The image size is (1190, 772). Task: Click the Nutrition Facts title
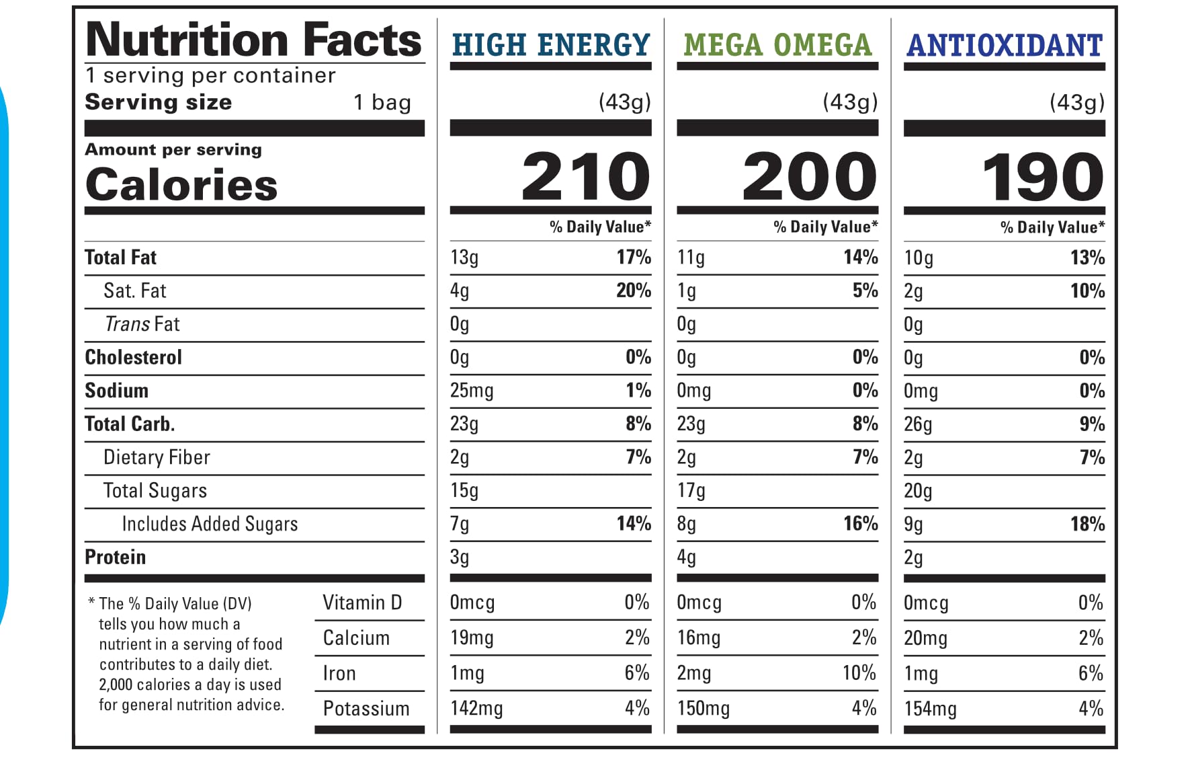(254, 40)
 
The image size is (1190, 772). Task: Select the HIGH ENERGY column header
(551, 45)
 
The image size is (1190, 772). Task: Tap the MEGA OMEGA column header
(777, 45)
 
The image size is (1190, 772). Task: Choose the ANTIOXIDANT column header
(1005, 46)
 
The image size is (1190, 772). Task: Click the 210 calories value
(586, 176)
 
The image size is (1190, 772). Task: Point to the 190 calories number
(1043, 177)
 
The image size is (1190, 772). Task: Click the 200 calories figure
(810, 176)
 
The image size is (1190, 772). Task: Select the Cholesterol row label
(133, 357)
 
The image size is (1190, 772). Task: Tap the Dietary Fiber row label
(157, 457)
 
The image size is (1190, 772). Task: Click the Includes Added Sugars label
(210, 524)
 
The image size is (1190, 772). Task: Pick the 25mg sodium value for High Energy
(472, 391)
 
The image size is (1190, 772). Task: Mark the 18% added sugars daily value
(1087, 524)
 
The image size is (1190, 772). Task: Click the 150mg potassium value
(704, 709)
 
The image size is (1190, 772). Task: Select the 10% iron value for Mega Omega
(859, 673)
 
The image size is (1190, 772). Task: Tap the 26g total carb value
(918, 424)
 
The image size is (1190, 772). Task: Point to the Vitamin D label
(362, 603)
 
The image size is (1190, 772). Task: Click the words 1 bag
(382, 102)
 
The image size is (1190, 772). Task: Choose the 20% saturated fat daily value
(634, 291)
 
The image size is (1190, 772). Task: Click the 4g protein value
(686, 557)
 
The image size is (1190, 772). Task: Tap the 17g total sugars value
(691, 491)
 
